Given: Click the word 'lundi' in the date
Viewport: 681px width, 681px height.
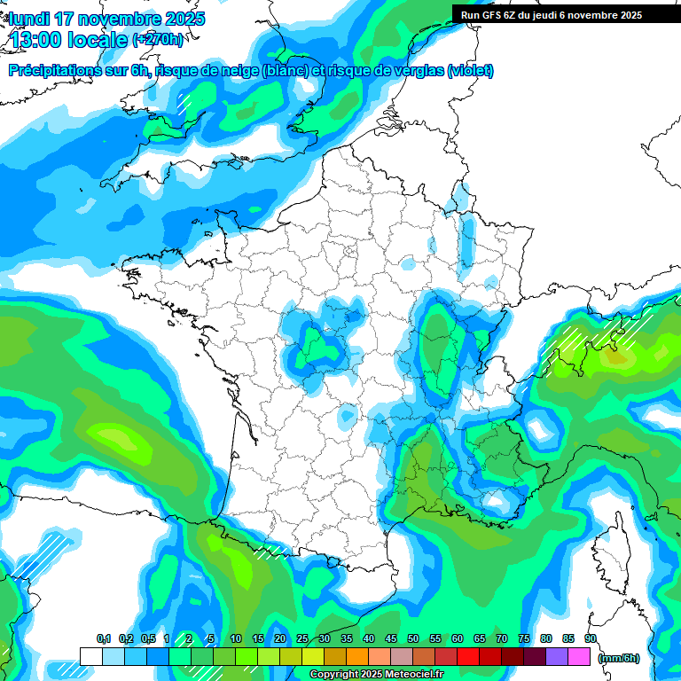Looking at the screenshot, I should (29, 19).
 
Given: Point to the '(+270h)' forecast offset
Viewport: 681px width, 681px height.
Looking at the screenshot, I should (158, 40).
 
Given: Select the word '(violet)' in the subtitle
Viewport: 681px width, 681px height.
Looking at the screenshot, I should (471, 71).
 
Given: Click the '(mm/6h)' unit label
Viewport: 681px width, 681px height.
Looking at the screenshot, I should (619, 658).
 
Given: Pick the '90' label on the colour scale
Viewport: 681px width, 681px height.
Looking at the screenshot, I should (591, 639).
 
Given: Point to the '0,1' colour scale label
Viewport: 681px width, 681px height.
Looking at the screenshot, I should (103, 639).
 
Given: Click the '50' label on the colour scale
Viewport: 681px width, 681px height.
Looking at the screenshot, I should (413, 639).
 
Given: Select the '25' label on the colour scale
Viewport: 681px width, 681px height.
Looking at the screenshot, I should (302, 639).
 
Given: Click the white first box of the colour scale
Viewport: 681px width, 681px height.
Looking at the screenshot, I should (90, 656).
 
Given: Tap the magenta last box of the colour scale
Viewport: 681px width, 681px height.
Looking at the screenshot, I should (579, 656).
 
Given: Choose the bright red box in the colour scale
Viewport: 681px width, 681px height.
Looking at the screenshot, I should (468, 656).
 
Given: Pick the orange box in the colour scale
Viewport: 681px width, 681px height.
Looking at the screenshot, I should (357, 656).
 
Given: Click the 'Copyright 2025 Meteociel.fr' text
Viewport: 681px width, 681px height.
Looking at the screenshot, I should (376, 675).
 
